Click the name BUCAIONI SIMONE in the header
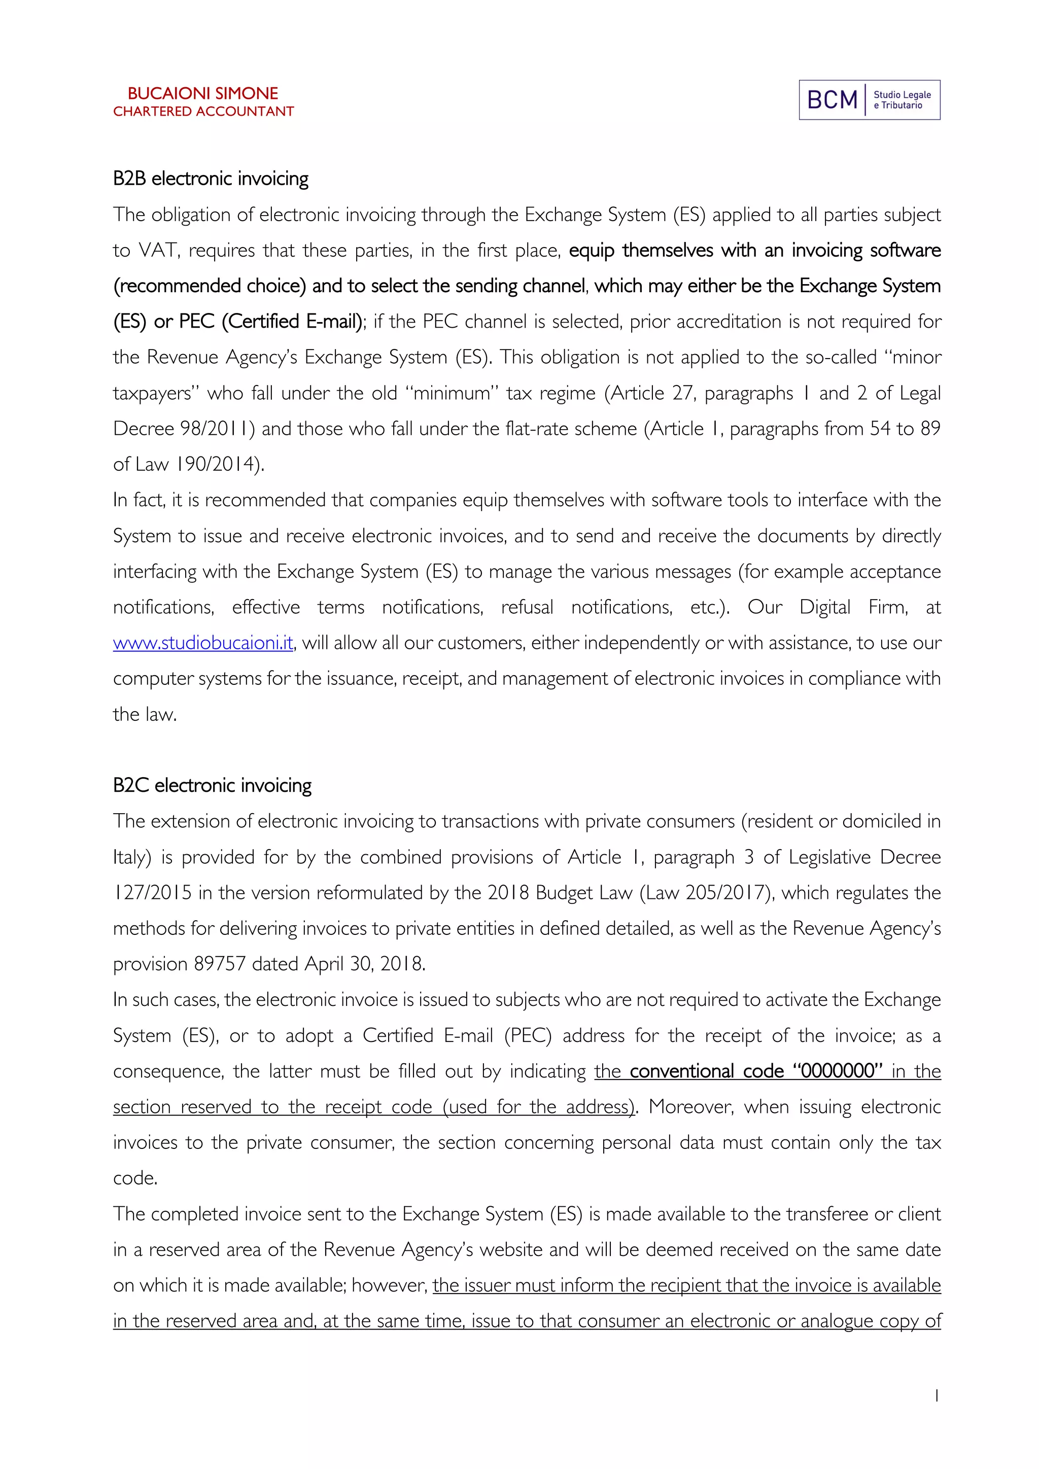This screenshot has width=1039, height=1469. point(203,93)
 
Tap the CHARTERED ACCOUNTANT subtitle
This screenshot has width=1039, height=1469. point(203,111)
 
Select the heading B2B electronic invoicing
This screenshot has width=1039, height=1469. point(211,179)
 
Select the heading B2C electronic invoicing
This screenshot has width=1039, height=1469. point(212,785)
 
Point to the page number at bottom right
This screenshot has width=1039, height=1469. point(937,1396)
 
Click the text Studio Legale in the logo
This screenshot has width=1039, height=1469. point(902,95)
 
